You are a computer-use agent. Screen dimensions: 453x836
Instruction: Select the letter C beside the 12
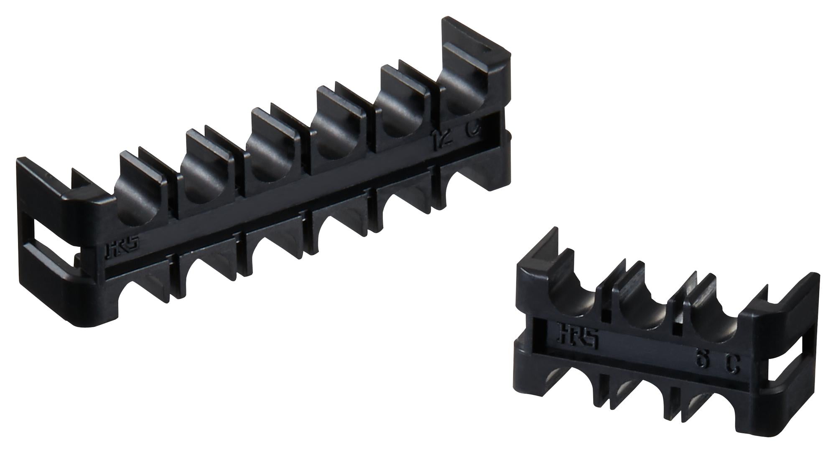[472, 132]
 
